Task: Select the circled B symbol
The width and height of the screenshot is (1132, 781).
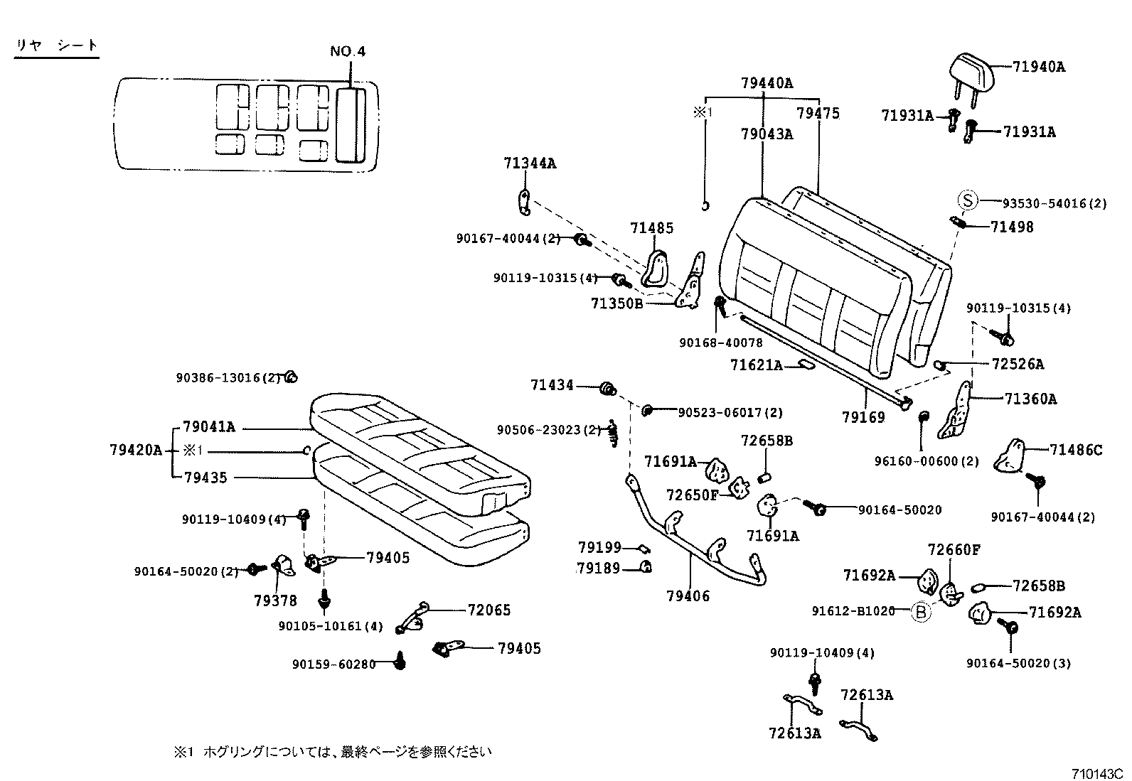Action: click(921, 611)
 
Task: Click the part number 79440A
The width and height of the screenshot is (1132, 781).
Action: click(767, 83)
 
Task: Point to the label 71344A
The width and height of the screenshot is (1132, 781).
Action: click(530, 163)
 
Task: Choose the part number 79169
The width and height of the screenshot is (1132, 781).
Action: click(863, 417)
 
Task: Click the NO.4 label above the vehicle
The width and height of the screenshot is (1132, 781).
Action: click(348, 52)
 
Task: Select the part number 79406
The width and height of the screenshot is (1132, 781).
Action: click(688, 596)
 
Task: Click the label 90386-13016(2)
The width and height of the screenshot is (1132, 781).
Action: click(229, 378)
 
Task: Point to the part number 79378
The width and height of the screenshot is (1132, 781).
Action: click(275, 601)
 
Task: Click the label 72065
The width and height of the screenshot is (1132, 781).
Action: click(489, 610)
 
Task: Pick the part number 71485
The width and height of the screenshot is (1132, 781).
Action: click(651, 228)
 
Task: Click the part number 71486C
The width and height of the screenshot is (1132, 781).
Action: click(1076, 450)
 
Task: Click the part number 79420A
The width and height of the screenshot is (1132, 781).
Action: click(136, 450)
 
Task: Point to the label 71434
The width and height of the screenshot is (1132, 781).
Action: click(552, 385)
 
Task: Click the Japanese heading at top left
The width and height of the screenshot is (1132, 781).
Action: click(57, 45)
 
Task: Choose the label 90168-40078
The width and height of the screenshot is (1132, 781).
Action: click(720, 343)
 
